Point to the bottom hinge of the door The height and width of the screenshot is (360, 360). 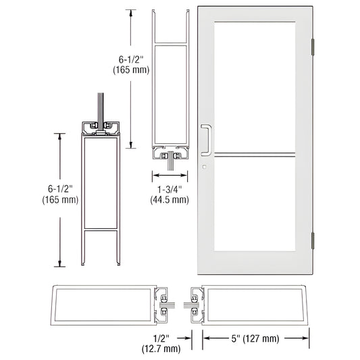(313, 239)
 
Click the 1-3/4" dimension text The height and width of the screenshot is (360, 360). (170, 190)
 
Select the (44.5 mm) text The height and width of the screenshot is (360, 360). (170, 200)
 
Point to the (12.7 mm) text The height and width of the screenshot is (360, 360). (161, 349)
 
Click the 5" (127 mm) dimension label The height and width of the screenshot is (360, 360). (257, 338)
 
